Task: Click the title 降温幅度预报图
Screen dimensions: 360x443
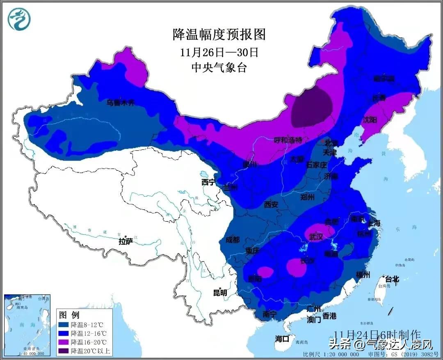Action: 219,34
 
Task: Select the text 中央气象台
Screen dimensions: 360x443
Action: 219,68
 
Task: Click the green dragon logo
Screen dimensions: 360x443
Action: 19,19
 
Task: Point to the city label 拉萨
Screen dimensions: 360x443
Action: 126,241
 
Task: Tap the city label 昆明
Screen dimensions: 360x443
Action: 219,293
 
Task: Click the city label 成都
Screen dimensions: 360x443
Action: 232,240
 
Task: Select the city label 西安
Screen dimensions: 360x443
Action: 271,204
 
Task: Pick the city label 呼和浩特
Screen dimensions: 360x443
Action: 288,140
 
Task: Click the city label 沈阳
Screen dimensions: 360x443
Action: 369,120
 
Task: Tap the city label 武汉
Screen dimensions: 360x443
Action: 316,237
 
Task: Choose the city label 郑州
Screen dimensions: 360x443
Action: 307,197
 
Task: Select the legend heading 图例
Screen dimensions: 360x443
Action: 69,315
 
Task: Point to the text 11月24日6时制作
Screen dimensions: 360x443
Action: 377,334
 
